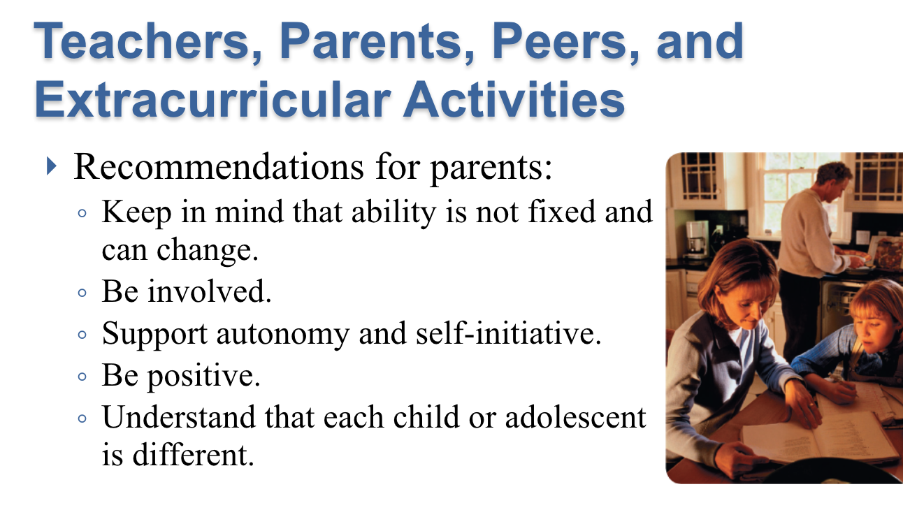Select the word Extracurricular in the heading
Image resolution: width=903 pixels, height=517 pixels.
[212, 99]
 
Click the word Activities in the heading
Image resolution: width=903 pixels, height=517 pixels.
[514, 99]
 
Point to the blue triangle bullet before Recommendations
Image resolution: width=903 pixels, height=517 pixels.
[51, 166]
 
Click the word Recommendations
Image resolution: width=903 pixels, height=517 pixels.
[219, 166]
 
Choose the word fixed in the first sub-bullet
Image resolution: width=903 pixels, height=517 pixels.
[561, 212]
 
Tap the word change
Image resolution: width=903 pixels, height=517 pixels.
[207, 251]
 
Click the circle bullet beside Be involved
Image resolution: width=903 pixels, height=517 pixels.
[82, 293]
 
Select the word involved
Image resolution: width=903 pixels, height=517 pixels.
[209, 291]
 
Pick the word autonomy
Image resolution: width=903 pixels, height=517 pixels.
[282, 335]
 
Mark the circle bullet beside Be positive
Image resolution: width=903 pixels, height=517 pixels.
[82, 377]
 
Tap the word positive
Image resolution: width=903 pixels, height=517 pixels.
[203, 377]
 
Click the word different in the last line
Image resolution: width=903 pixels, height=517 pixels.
[193, 454]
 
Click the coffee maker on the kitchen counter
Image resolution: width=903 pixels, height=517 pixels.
[697, 238]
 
